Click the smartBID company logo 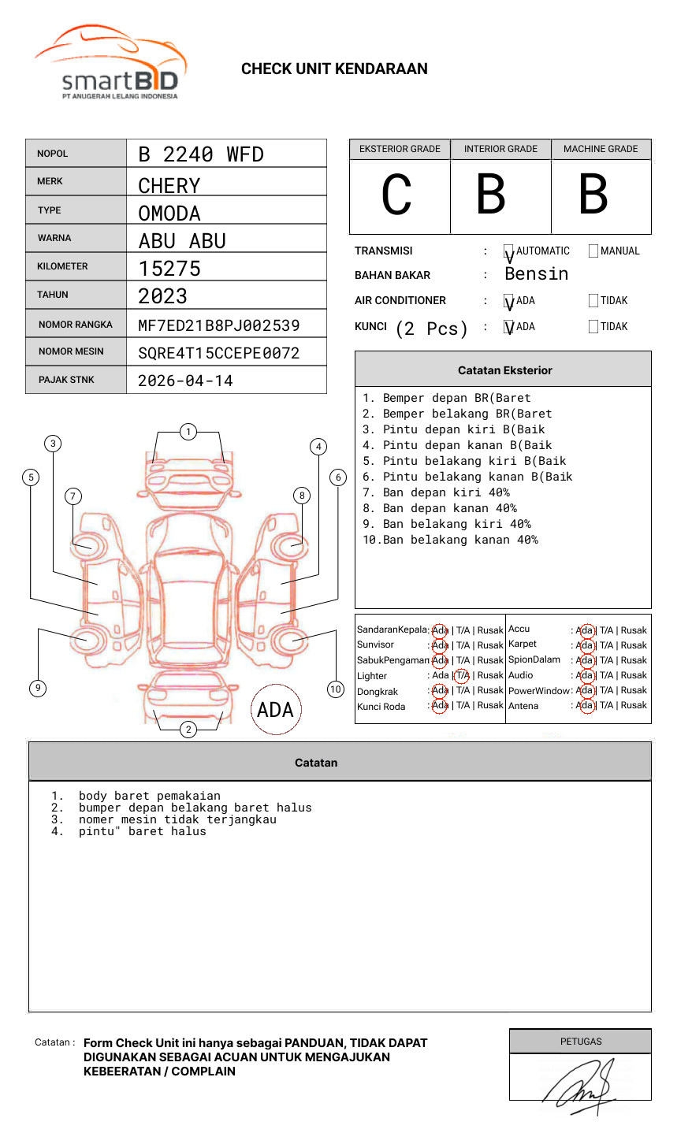pyautogui.click(x=110, y=63)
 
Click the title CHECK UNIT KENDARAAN pyautogui.click(x=334, y=69)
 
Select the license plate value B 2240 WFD pyautogui.click(x=201, y=154)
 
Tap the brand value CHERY pyautogui.click(x=169, y=186)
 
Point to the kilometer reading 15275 pyautogui.click(x=169, y=269)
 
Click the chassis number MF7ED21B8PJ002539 pyautogui.click(x=218, y=325)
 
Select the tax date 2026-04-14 pyautogui.click(x=185, y=381)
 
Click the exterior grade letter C pyautogui.click(x=397, y=195)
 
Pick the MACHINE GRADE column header pyautogui.click(x=601, y=149)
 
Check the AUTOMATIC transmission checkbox pyautogui.click(x=509, y=251)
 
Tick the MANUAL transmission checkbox pyautogui.click(x=593, y=251)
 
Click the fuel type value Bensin pyautogui.click(x=536, y=274)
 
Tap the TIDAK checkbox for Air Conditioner pyautogui.click(x=593, y=301)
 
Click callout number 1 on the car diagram pyautogui.click(x=188, y=432)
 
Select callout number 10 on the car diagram pyautogui.click(x=336, y=689)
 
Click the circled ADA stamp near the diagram pyautogui.click(x=275, y=710)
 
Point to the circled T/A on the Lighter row pyautogui.click(x=462, y=675)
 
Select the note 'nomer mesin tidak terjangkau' pyautogui.click(x=177, y=819)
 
